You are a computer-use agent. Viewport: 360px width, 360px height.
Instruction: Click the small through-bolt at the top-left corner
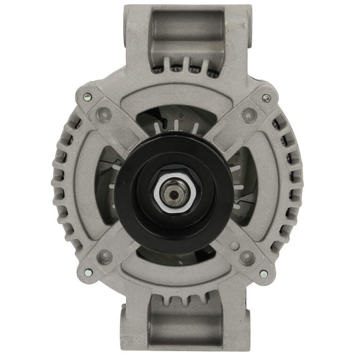(87, 96)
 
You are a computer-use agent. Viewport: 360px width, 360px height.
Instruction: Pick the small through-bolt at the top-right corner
(266, 98)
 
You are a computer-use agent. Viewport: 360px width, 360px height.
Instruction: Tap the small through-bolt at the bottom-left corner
(88, 272)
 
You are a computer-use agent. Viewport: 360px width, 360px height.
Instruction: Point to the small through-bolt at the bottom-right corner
(264, 273)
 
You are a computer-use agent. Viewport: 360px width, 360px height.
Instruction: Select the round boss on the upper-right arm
(248, 114)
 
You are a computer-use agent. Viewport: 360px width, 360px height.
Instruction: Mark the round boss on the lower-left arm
(106, 256)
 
